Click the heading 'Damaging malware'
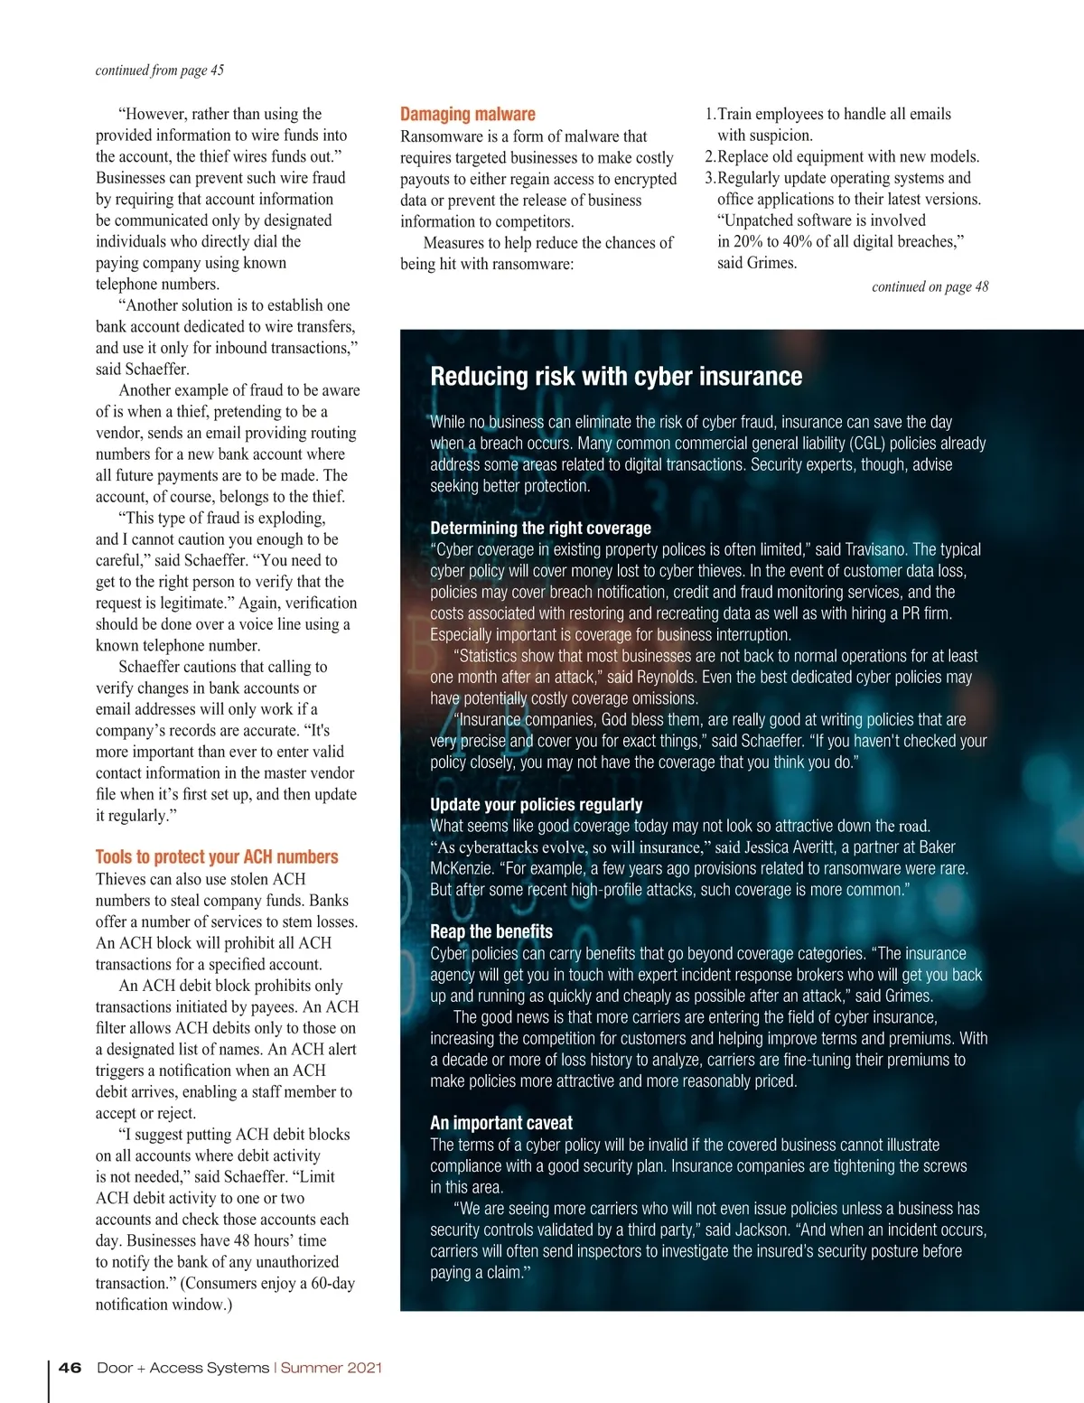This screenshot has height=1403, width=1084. (467, 115)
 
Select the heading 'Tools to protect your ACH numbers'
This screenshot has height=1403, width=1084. (217, 856)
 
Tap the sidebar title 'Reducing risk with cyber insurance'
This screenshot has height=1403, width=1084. (616, 377)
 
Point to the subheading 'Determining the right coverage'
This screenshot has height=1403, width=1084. (540, 528)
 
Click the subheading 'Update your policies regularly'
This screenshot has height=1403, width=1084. (536, 805)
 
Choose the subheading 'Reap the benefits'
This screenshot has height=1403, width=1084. (491, 932)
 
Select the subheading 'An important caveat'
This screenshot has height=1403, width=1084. (501, 1123)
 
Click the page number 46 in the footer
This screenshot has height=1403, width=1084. (70, 1368)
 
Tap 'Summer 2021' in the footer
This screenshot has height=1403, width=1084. (332, 1368)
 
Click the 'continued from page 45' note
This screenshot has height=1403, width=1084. (160, 70)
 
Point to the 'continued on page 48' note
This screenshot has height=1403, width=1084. (930, 287)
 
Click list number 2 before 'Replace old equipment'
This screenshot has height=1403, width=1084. (710, 157)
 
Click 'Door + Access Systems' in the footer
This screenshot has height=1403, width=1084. (183, 1368)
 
